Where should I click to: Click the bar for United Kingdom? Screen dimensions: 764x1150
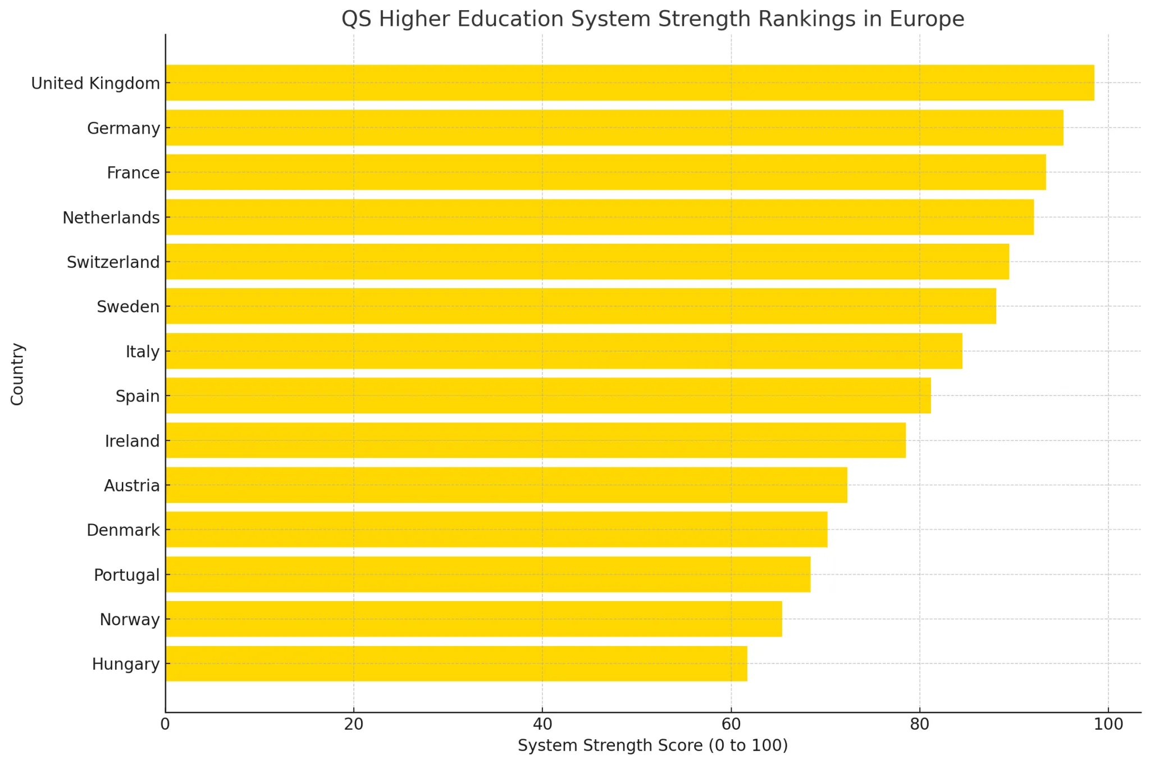pyautogui.click(x=629, y=83)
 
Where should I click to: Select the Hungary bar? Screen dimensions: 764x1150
pyautogui.click(x=456, y=663)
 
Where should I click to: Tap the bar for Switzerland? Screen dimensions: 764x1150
pyautogui.click(x=587, y=261)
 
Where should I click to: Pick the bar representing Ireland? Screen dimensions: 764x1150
pyautogui.click(x=535, y=440)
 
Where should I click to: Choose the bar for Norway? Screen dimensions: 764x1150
pyautogui.click(x=473, y=619)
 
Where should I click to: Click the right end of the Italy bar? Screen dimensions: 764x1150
pyautogui.click(x=961, y=351)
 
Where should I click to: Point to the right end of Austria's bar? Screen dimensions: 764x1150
pyautogui.click(x=846, y=485)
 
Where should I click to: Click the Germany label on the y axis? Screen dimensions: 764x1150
pyautogui.click(x=124, y=128)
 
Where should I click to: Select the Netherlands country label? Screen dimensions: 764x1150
pyautogui.click(x=111, y=217)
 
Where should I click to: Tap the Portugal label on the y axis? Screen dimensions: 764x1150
pyautogui.click(x=127, y=575)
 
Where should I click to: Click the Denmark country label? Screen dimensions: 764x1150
pyautogui.click(x=124, y=530)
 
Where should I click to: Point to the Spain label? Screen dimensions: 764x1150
pyautogui.click(x=138, y=396)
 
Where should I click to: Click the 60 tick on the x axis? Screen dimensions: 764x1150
pyautogui.click(x=731, y=724)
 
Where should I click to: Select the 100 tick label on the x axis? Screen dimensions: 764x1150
pyautogui.click(x=1108, y=724)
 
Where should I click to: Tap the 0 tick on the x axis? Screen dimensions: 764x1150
pyautogui.click(x=165, y=724)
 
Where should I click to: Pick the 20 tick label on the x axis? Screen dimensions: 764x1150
pyautogui.click(x=354, y=724)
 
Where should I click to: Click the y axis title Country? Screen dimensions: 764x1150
pyautogui.click(x=17, y=374)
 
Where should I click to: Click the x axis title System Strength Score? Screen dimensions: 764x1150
pyautogui.click(x=652, y=745)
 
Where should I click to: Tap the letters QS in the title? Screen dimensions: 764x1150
pyautogui.click(x=356, y=19)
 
